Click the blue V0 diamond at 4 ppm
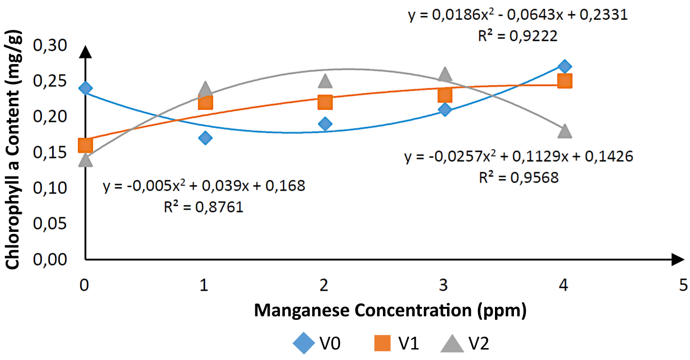(x=564, y=66)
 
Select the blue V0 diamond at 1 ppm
(x=205, y=138)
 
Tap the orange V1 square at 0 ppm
(x=85, y=145)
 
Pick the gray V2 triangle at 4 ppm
(x=564, y=130)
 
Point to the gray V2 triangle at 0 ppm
(x=85, y=160)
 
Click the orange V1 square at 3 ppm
(x=445, y=95)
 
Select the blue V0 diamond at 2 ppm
(x=325, y=124)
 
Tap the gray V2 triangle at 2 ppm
(x=325, y=81)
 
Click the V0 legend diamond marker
(x=303, y=342)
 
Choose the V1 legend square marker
(x=382, y=342)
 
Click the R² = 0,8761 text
(x=204, y=207)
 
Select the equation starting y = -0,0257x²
(x=519, y=157)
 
